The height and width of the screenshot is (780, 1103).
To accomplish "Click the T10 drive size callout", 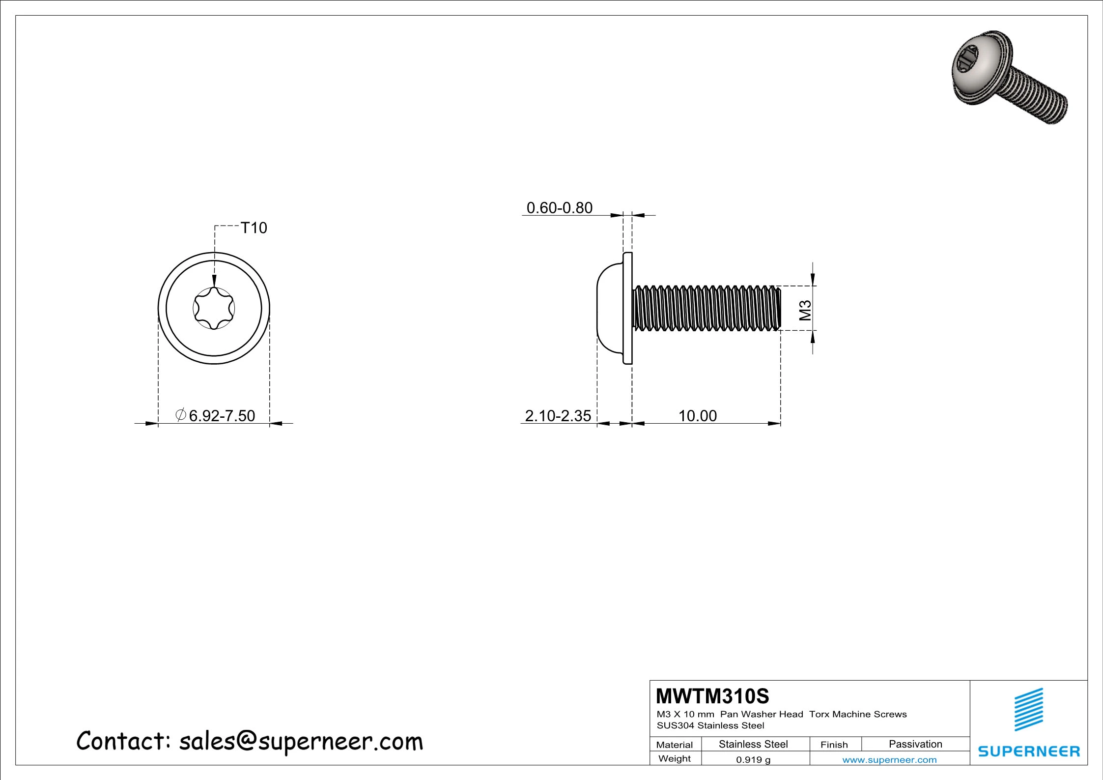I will click(254, 228).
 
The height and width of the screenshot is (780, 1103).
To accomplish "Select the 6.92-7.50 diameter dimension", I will click(222, 416).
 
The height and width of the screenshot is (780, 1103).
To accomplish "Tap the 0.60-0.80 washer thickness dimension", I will click(559, 208).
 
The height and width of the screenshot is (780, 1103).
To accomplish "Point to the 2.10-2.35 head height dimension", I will click(558, 416).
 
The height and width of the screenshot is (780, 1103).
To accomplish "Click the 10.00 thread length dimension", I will click(697, 416).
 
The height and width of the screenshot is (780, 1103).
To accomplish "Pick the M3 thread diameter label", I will click(805, 310).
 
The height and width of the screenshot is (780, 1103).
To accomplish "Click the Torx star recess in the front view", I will click(214, 309).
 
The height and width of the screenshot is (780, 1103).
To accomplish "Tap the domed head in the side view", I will click(609, 309).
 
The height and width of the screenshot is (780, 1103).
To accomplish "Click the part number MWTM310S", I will click(712, 696).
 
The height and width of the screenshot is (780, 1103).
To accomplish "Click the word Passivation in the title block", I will click(915, 744).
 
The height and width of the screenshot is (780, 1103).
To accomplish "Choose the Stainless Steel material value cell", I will click(753, 744).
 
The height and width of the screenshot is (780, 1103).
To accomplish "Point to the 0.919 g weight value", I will click(753, 760).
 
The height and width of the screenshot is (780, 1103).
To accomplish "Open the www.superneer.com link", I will click(889, 760).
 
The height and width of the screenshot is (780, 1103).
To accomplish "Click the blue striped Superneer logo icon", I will click(1029, 709).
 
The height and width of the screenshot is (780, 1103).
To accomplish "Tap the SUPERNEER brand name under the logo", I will click(1029, 751).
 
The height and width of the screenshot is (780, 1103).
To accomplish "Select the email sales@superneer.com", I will click(301, 742).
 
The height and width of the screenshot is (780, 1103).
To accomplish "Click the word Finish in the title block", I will click(834, 745).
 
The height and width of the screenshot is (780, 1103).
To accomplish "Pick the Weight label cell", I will click(674, 759).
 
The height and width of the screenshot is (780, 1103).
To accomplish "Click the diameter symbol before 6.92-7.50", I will click(180, 415).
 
